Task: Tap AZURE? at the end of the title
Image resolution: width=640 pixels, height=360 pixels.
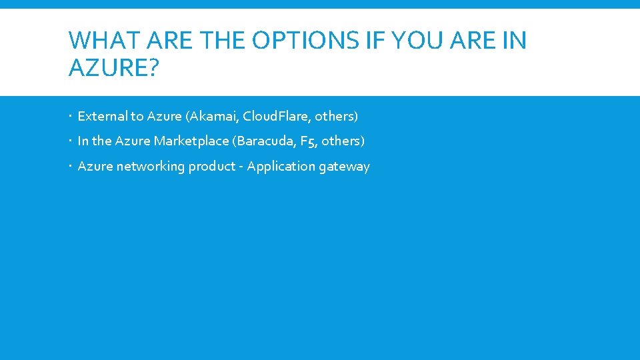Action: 114,67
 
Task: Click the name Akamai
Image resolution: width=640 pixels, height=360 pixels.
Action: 214,117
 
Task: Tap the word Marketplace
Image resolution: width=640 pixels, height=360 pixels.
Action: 191,141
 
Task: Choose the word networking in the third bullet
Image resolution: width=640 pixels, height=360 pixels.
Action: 151,167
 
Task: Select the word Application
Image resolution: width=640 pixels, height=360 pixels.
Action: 281,167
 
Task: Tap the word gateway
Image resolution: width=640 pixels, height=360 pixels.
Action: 344,167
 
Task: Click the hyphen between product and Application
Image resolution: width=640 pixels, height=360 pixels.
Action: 241,167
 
